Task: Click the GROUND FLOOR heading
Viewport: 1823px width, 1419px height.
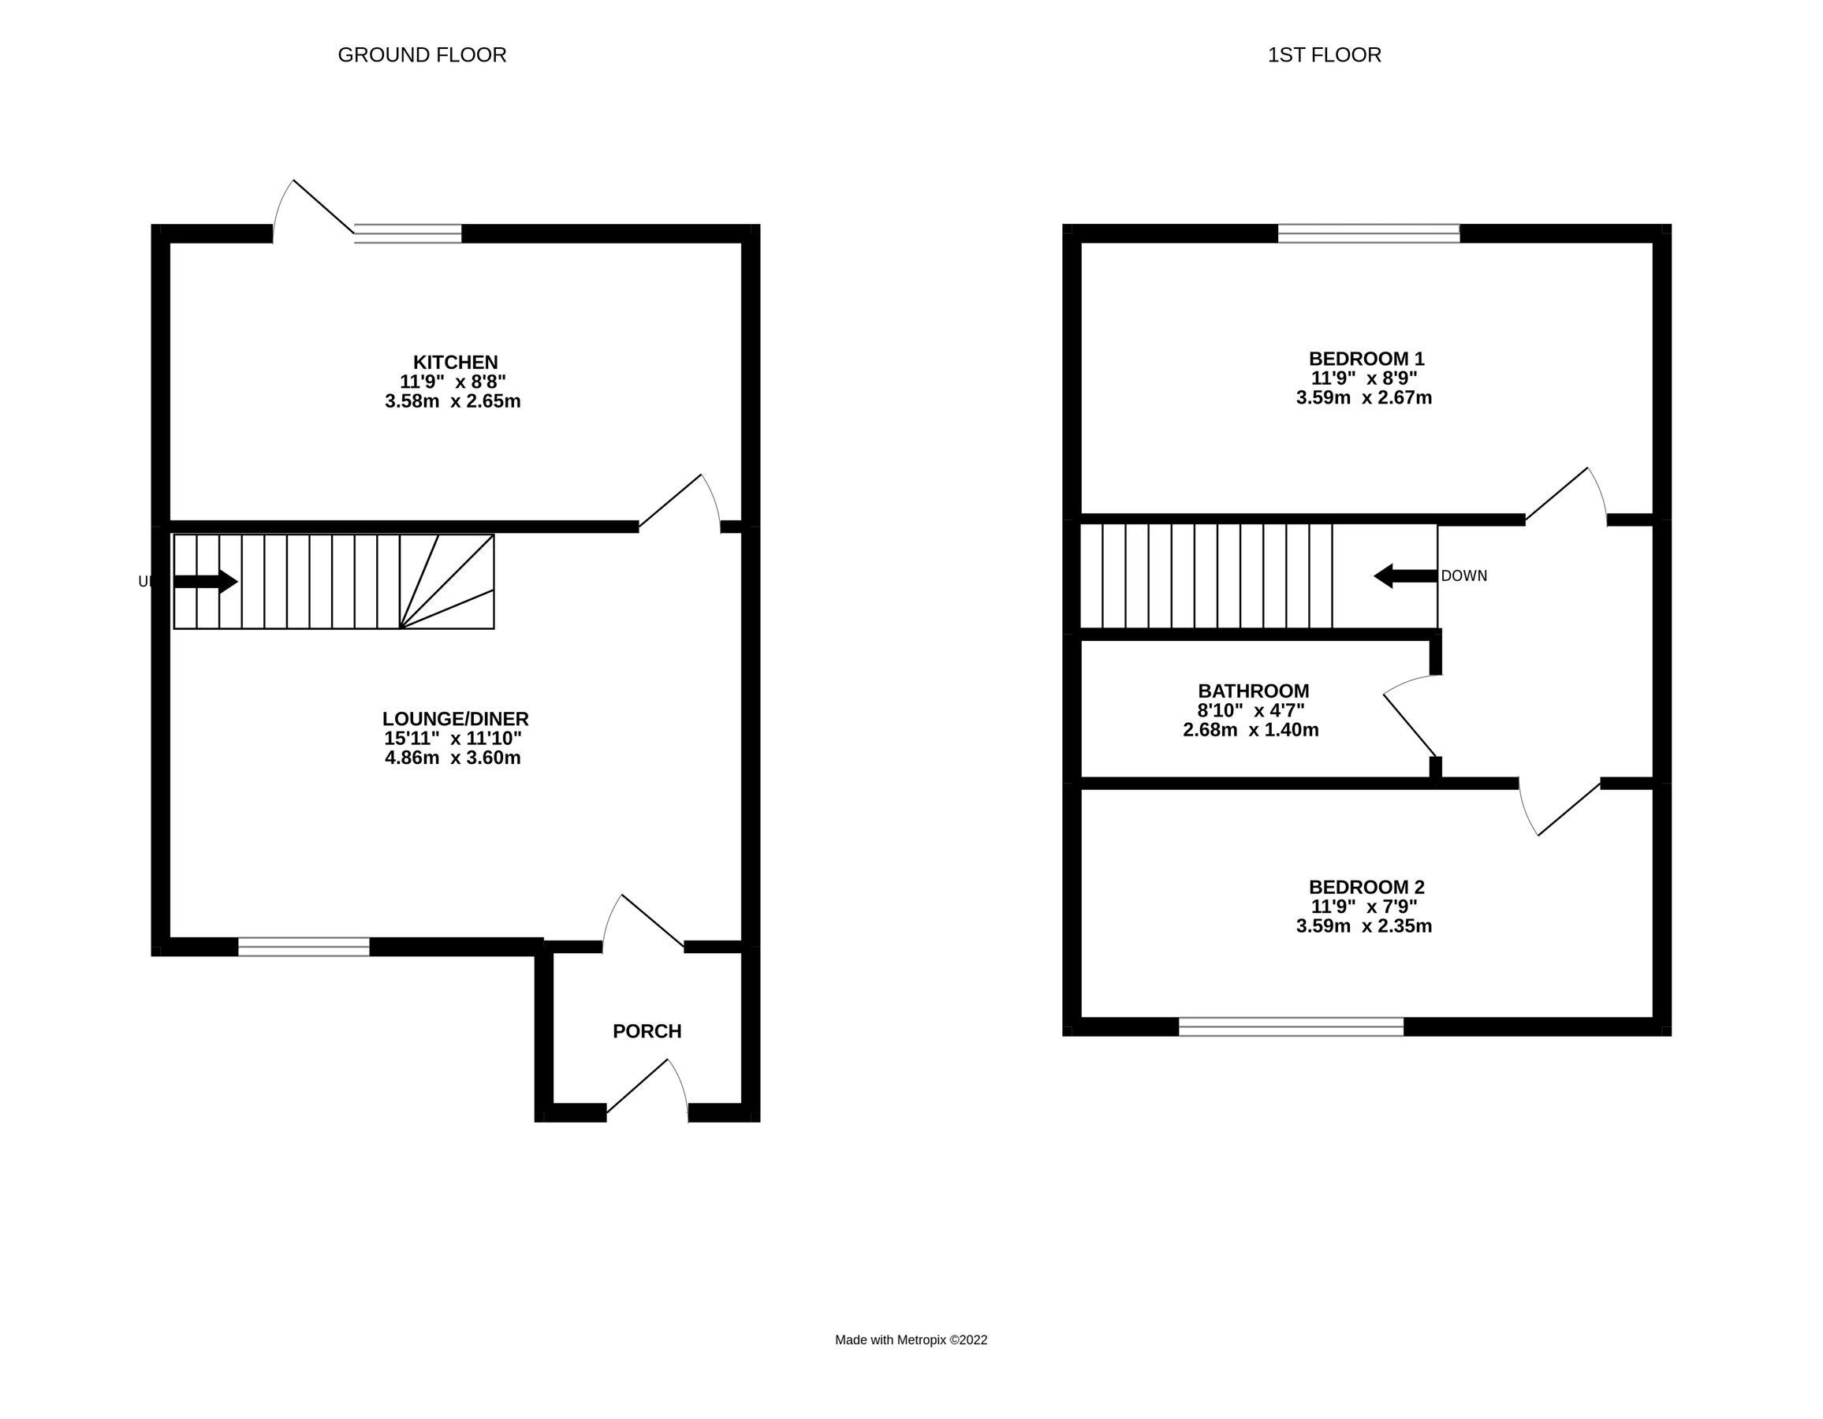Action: pos(422,55)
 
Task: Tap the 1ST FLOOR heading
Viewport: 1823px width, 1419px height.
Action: pos(1324,55)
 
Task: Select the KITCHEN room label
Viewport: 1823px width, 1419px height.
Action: pos(455,363)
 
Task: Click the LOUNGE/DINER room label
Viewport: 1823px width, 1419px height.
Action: pos(455,719)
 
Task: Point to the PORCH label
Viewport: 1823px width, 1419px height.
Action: pos(647,1031)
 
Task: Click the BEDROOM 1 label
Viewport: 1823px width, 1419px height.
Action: pos(1366,359)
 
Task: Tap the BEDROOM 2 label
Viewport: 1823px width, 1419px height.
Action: pos(1366,888)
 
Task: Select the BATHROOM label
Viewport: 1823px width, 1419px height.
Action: pos(1253,691)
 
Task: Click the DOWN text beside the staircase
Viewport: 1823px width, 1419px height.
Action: pos(1463,576)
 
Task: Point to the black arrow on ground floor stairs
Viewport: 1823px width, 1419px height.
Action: pos(205,582)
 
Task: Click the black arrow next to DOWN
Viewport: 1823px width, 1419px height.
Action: pos(1405,576)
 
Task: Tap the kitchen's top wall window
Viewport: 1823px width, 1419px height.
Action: pos(408,233)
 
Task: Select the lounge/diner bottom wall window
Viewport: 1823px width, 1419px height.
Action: pos(304,947)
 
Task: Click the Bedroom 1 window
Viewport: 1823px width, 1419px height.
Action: pos(1368,233)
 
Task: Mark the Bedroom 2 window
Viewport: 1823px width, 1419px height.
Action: pos(1291,1026)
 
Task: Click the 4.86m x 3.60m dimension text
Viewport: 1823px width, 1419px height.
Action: pos(453,758)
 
